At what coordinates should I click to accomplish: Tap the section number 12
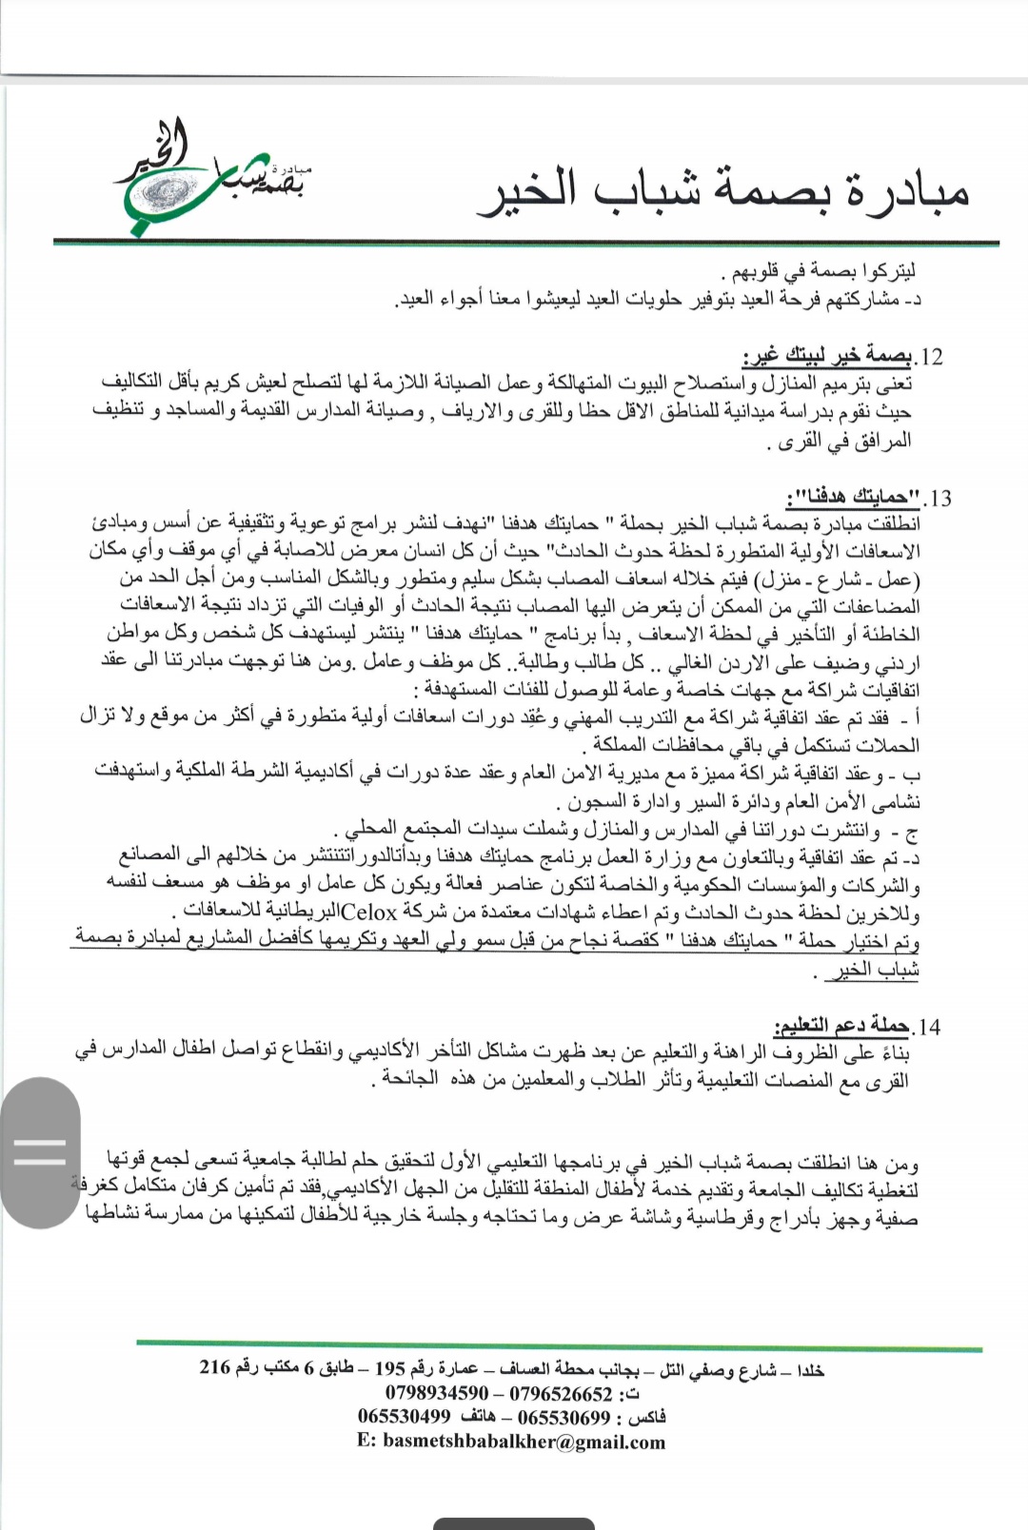point(929,358)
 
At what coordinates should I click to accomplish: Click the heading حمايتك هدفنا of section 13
point(854,498)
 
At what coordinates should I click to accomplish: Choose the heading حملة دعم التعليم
point(840,1026)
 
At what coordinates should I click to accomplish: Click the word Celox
point(368,912)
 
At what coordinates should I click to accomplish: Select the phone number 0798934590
point(437,1394)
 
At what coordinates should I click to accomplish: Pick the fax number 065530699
point(563,1418)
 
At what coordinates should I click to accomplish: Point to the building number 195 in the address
point(390,1369)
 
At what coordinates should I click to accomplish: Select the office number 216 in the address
point(215,1368)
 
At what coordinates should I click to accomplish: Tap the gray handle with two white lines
point(40,1152)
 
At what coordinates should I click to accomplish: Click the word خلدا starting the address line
point(810,1370)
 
